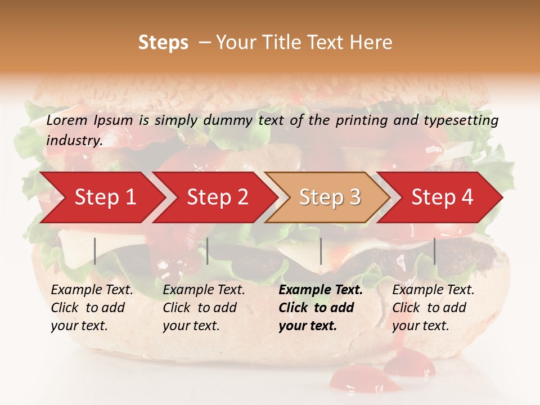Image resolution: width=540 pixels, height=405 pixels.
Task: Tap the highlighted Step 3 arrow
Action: pyautogui.click(x=330, y=197)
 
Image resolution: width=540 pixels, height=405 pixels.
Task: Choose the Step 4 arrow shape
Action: pyautogui.click(x=442, y=197)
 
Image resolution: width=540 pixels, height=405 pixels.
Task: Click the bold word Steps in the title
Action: pyautogui.click(x=163, y=43)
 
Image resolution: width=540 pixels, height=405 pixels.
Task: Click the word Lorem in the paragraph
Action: pyautogui.click(x=67, y=120)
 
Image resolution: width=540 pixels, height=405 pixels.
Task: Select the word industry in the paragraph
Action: pyautogui.click(x=74, y=141)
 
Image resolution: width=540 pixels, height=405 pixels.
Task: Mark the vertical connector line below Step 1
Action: pyautogui.click(x=95, y=251)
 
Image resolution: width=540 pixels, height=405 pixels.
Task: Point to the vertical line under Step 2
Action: pyautogui.click(x=208, y=251)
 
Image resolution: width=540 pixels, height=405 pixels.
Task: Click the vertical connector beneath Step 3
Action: pyautogui.click(x=321, y=251)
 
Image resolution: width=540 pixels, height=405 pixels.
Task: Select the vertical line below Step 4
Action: pyautogui.click(x=434, y=251)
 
